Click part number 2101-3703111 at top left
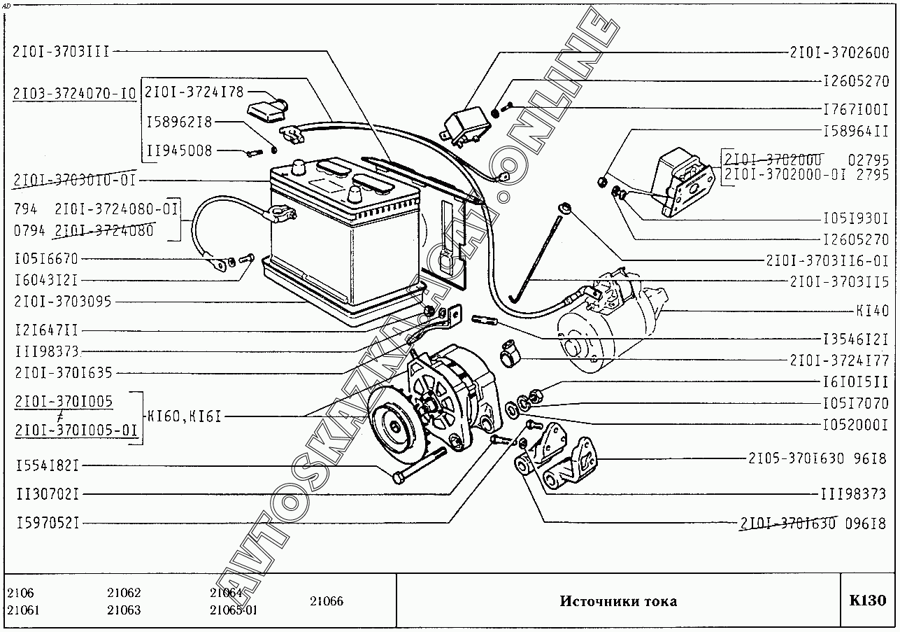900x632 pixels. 61,51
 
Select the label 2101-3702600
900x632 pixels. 838,52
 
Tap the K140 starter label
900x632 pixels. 871,310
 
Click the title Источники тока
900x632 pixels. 617,601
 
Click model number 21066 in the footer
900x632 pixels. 326,601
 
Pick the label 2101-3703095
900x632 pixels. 63,302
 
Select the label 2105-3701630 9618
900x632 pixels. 817,458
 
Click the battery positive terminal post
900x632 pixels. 299,167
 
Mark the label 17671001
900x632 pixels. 855,109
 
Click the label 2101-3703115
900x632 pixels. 838,281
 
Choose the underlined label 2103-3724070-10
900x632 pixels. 74,93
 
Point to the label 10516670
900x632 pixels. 46,259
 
